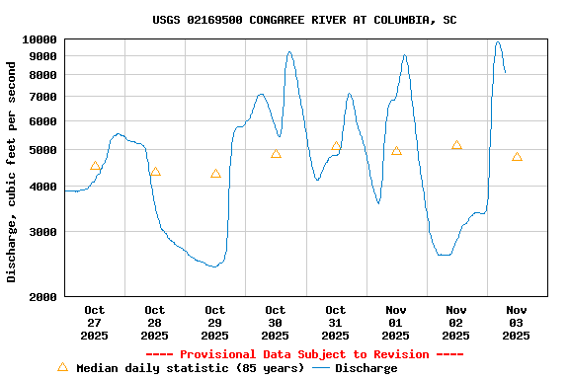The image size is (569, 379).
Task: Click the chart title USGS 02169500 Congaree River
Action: (x=304, y=20)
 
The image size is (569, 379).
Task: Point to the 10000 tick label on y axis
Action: (x=40, y=39)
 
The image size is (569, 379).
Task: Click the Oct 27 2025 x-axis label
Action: (x=95, y=323)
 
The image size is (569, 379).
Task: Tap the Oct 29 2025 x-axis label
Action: (x=215, y=323)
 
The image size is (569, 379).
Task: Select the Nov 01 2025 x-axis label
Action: (x=396, y=323)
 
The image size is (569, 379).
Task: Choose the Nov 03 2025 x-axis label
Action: (x=517, y=323)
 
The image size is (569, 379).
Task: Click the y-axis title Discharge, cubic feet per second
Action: (x=12, y=172)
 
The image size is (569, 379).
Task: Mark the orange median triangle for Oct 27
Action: (x=95, y=166)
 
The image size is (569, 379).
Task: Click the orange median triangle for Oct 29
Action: (x=215, y=174)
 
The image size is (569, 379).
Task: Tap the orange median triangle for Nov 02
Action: (x=456, y=145)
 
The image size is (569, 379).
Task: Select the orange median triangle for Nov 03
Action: (x=517, y=157)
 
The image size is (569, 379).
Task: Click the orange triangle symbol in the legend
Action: (x=62, y=367)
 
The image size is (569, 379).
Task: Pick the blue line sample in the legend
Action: (x=321, y=368)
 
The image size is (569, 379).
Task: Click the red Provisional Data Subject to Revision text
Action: (x=304, y=354)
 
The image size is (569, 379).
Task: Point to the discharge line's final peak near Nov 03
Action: (x=498, y=41)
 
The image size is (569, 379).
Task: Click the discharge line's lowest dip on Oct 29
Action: (x=213, y=266)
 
